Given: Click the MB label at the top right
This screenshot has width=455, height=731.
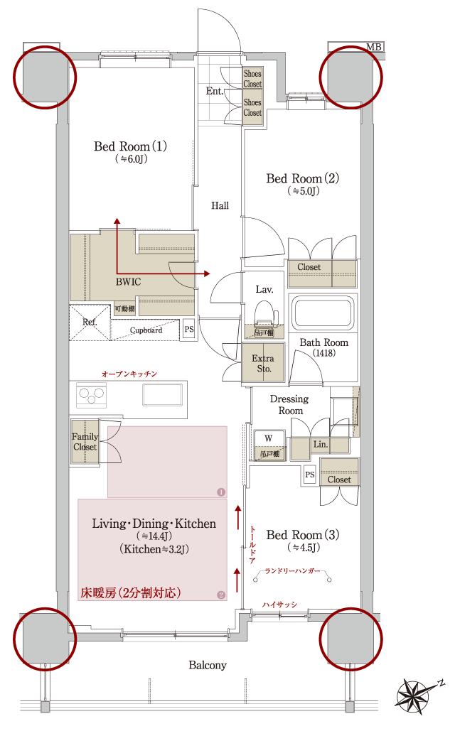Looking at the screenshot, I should click(x=374, y=47).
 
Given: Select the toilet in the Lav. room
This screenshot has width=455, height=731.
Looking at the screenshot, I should click(x=264, y=313).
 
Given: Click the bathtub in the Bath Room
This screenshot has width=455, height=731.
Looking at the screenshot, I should click(x=323, y=313).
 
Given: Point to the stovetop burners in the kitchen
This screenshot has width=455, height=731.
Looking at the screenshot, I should click(x=92, y=394).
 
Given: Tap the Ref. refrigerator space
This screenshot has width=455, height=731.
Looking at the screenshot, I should click(x=90, y=322).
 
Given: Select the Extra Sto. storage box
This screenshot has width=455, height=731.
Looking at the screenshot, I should click(x=263, y=363).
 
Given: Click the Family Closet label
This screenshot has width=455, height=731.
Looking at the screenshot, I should click(x=85, y=442).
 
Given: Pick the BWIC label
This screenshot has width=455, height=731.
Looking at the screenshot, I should click(x=128, y=281).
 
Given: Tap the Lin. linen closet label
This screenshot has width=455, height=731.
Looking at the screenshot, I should click(x=321, y=445).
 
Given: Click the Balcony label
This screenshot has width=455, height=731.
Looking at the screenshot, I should click(x=208, y=666).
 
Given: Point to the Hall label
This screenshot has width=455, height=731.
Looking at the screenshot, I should click(x=220, y=205).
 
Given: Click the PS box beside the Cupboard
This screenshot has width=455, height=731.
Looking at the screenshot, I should click(x=188, y=329).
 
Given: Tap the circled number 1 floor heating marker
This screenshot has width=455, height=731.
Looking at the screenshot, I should click(x=220, y=492).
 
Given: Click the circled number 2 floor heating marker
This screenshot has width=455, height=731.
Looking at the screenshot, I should click(x=220, y=595).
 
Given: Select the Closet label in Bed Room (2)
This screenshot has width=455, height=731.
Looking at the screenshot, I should click(x=309, y=267).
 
